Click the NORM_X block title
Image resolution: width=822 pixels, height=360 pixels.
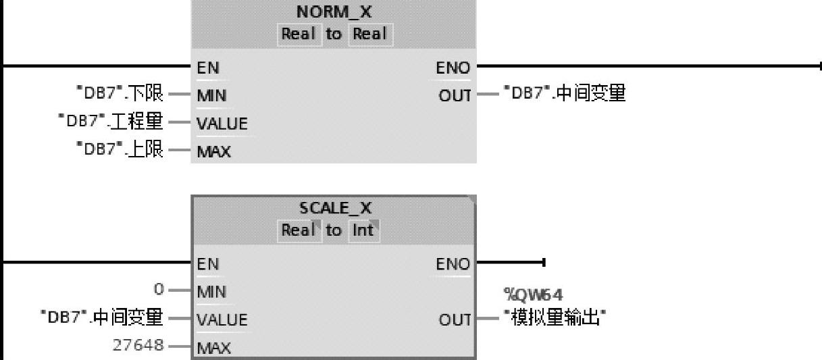334,12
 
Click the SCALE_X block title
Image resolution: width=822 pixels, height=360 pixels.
335,209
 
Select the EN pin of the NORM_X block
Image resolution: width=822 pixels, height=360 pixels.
208,68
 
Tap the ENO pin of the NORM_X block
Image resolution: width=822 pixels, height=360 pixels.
453,68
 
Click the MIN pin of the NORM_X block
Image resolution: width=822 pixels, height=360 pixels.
211,96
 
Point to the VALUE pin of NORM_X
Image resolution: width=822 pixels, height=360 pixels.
222,124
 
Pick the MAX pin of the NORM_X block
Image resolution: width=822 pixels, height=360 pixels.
213,151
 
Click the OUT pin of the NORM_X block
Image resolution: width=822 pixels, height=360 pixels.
455,96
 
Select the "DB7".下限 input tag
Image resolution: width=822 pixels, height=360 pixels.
120,94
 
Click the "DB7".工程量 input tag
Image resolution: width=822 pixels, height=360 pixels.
111,122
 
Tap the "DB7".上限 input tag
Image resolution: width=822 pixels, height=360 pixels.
120,149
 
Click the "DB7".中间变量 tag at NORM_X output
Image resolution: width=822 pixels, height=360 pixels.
563,94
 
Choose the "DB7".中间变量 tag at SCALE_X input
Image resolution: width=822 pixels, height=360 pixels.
101,317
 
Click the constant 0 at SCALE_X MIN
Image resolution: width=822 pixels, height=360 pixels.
159,290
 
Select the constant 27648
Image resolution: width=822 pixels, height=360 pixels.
138,345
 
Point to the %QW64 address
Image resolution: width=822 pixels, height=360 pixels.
533,294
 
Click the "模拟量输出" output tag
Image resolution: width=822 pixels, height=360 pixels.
553,317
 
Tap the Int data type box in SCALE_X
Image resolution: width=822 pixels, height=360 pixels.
363,231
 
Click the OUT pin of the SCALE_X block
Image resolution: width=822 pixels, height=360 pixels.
455,319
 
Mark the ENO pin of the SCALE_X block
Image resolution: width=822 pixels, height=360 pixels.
453,264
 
